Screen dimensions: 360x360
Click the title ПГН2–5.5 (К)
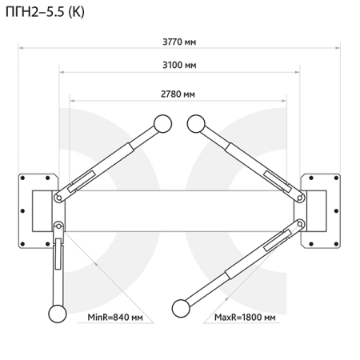(x=45, y=12)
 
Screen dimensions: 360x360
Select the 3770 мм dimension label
(x=179, y=42)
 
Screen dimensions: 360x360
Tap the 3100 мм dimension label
(x=179, y=65)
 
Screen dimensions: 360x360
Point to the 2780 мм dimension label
(x=178, y=94)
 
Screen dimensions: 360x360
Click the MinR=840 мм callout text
(x=115, y=318)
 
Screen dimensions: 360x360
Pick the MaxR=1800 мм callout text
(x=245, y=318)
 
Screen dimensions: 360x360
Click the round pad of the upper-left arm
(x=162, y=124)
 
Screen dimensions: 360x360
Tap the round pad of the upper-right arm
(x=196, y=124)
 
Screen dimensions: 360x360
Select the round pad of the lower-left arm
(x=58, y=314)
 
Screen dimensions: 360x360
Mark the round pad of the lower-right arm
(x=181, y=309)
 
